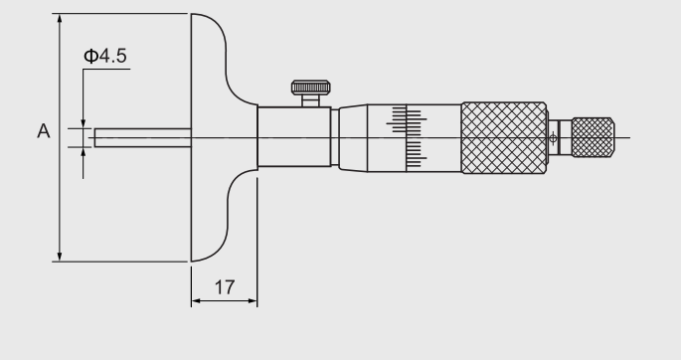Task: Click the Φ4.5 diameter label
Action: pos(105,56)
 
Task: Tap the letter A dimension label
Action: pos(44,131)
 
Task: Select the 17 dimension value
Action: pos(225,287)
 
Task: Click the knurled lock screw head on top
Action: pos(310,88)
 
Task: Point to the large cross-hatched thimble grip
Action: pos(504,138)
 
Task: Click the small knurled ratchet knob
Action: pos(593,137)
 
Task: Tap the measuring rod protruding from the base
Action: pos(143,137)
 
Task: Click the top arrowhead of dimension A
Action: pos(60,18)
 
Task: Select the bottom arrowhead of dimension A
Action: pos(60,257)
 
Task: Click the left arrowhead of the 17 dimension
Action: pos(196,300)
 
